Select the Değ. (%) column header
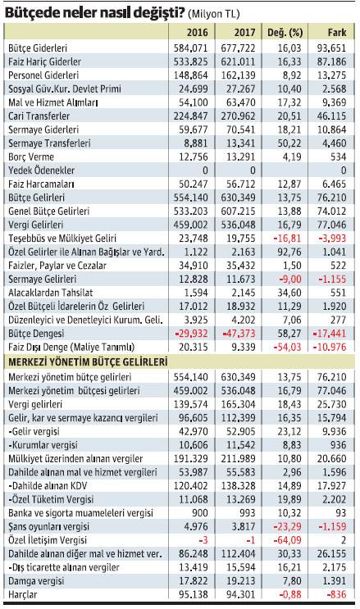(285, 31)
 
